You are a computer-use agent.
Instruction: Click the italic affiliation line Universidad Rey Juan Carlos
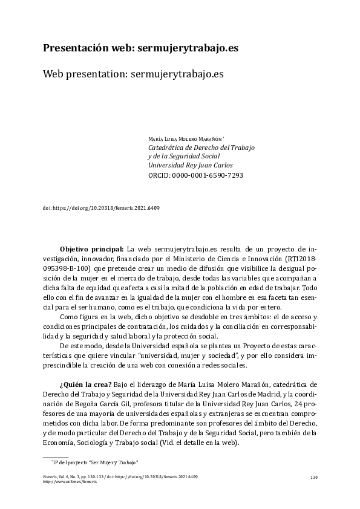click(190, 164)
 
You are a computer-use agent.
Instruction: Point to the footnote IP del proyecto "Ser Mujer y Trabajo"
click(96, 463)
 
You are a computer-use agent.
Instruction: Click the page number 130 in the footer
click(313, 478)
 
